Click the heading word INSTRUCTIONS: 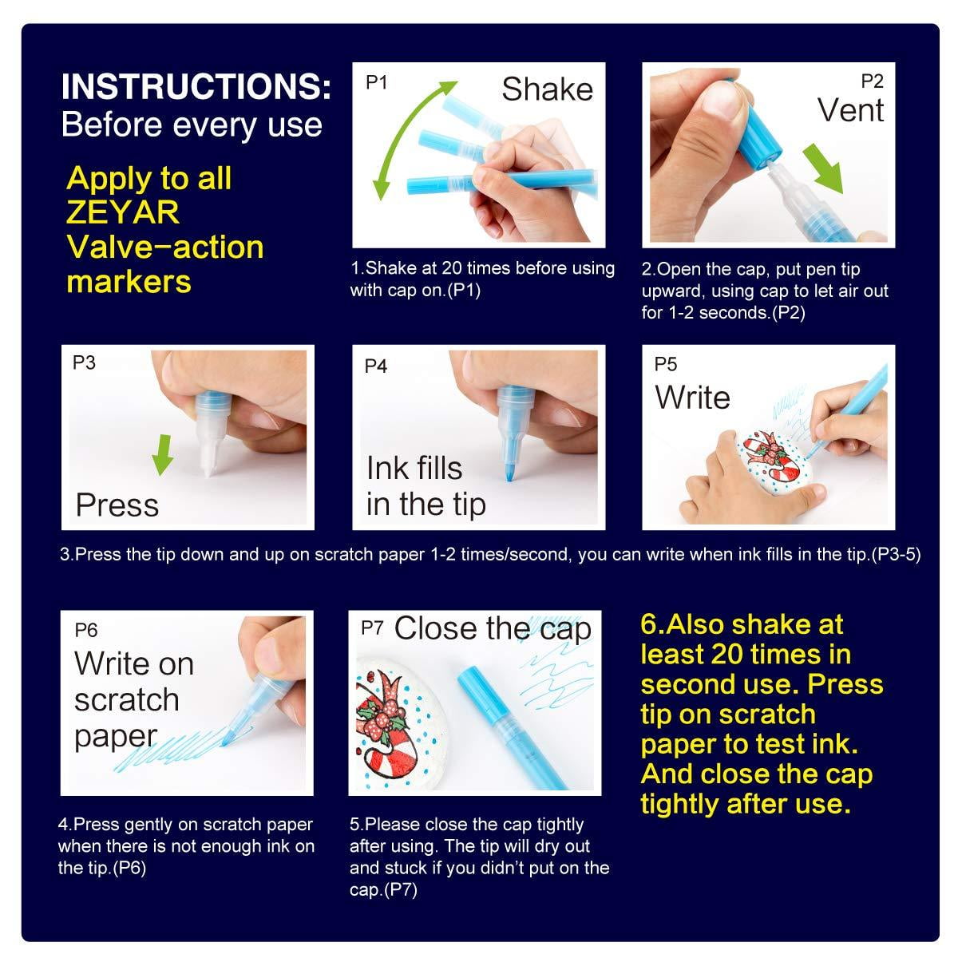tap(196, 86)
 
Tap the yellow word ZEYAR tap(122, 212)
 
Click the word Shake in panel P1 tap(547, 89)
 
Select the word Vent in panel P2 tap(850, 110)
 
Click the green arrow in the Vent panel tap(823, 168)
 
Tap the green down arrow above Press tap(163, 454)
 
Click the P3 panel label tap(84, 363)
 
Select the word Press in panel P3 tap(117, 505)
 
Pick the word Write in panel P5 tap(692, 398)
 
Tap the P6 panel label tap(86, 630)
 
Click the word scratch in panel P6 tap(127, 700)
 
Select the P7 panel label tap(372, 628)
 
